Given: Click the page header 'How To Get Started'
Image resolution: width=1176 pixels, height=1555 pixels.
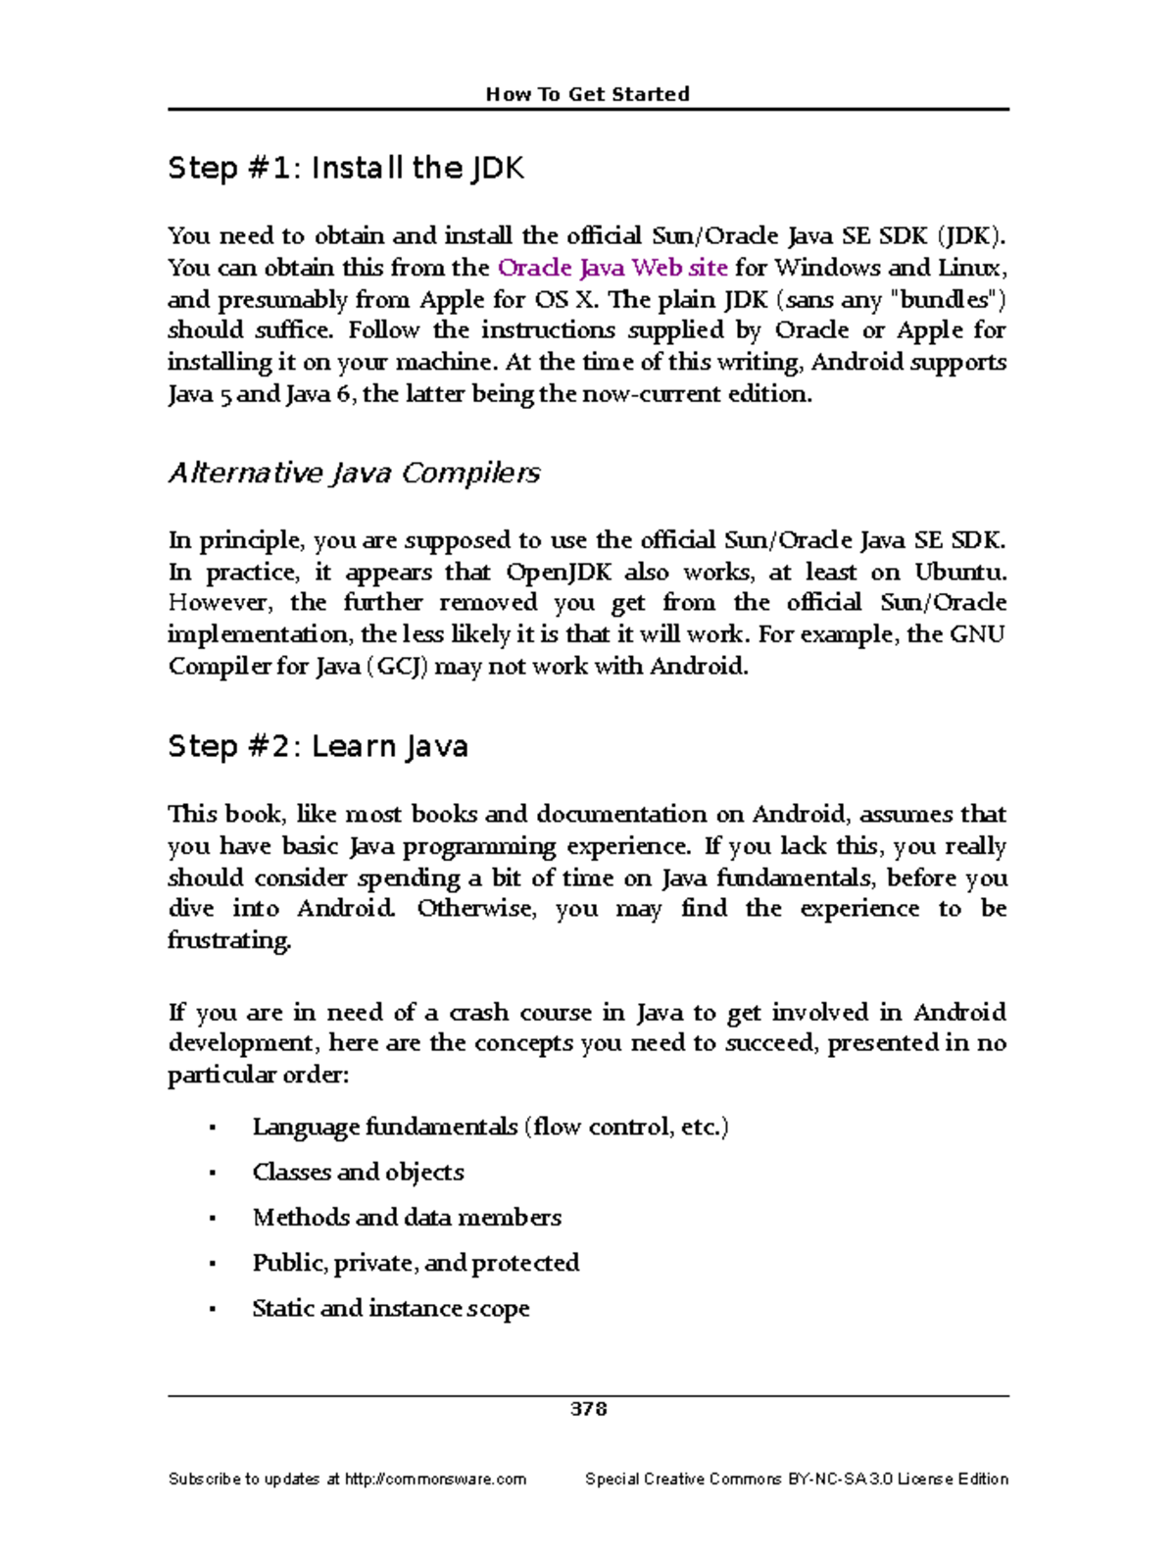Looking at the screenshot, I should tap(588, 94).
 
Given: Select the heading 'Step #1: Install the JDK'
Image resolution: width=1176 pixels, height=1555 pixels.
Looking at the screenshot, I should tap(346, 169).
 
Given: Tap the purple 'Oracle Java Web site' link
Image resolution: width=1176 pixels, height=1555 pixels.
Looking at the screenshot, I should tap(612, 268).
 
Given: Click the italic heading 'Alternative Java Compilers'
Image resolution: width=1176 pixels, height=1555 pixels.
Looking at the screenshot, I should tap(354, 474).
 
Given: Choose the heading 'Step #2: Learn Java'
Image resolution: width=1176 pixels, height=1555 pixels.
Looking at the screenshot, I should tap(318, 747).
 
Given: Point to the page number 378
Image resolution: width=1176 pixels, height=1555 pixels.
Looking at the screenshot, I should tap(588, 1409).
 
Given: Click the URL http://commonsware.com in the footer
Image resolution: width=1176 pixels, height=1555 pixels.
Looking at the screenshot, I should tap(435, 1479).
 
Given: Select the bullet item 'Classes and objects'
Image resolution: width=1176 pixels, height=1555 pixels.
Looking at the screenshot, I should tap(358, 1173).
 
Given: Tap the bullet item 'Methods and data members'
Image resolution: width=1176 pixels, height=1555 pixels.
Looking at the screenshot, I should tap(407, 1218).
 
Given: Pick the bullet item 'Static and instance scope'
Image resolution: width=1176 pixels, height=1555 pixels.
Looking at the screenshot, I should tap(391, 1309).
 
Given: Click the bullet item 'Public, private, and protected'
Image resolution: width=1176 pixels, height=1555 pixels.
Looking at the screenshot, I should tap(416, 1263).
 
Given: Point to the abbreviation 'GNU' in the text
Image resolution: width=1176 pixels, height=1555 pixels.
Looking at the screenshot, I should tap(977, 634).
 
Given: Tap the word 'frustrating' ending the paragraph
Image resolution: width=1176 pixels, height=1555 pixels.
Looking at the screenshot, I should tap(229, 940).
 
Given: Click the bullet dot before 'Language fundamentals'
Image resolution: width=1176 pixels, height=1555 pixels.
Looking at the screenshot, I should tap(212, 1129).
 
